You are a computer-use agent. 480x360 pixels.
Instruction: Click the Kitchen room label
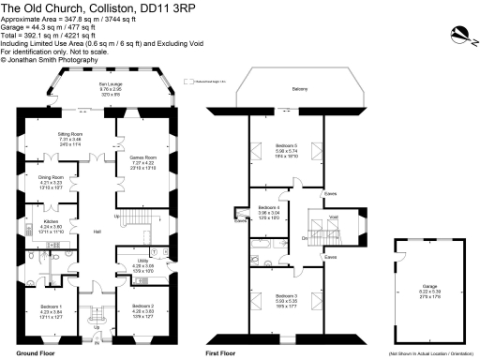point(51,221)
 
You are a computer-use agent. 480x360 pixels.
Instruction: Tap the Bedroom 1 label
point(51,307)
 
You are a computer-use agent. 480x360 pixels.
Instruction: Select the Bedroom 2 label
point(142,307)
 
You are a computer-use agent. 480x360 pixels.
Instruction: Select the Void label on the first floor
point(336,217)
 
